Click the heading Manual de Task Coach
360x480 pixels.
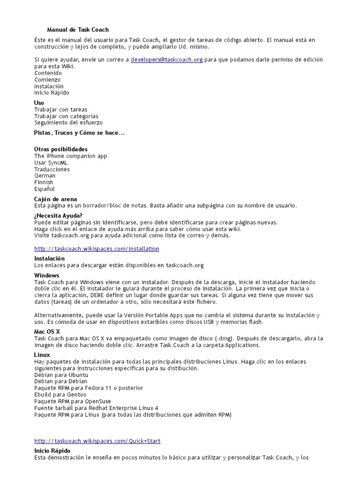[x=78, y=30]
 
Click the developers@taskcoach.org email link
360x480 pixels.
[x=166, y=60]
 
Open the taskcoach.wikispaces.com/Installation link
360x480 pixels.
[x=97, y=248]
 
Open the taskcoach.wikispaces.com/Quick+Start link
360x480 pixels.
[x=97, y=441]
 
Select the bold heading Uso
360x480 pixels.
[x=39, y=103]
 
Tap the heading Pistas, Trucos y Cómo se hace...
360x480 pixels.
[x=79, y=133]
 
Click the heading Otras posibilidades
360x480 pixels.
[x=61, y=149]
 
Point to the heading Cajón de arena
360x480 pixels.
[x=55, y=199]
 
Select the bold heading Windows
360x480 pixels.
[x=47, y=275]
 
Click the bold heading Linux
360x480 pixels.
[x=42, y=355]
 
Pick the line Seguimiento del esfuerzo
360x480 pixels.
[x=68, y=123]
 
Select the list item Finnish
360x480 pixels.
[x=44, y=182]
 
